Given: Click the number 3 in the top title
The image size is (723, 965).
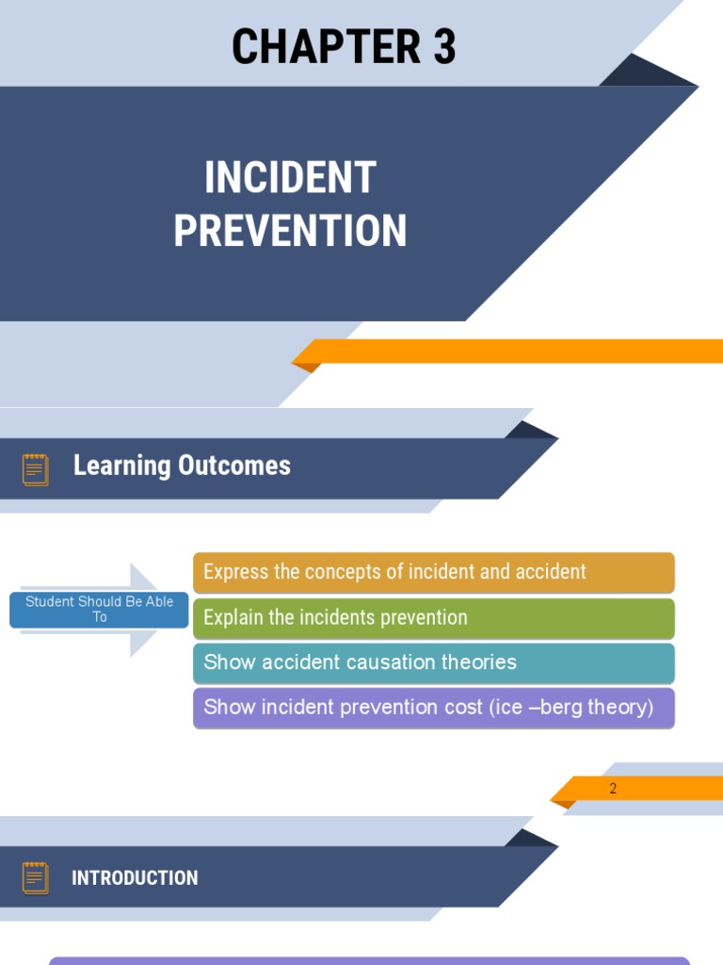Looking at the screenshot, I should tap(444, 47).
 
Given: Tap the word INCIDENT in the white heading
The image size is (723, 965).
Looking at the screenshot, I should tap(290, 178).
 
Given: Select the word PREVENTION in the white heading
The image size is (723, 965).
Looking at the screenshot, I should tap(290, 231).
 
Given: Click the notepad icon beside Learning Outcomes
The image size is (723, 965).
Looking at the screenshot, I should tap(36, 468).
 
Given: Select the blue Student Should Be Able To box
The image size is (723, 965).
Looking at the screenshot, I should tap(99, 610).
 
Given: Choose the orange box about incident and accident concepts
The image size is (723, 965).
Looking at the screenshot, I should tap(434, 572).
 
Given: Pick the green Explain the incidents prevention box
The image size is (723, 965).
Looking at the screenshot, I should tap(434, 618).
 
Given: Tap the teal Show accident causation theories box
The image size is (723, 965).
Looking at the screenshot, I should tap(434, 662).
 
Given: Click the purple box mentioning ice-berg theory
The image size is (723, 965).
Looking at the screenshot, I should tap(434, 708).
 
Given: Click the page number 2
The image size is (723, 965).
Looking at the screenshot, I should tap(613, 789).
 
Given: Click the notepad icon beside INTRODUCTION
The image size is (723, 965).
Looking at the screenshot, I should tap(36, 877).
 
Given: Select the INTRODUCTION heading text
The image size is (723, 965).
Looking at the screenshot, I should tap(135, 878).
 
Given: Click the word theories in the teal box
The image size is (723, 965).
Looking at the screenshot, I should tap(480, 662).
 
